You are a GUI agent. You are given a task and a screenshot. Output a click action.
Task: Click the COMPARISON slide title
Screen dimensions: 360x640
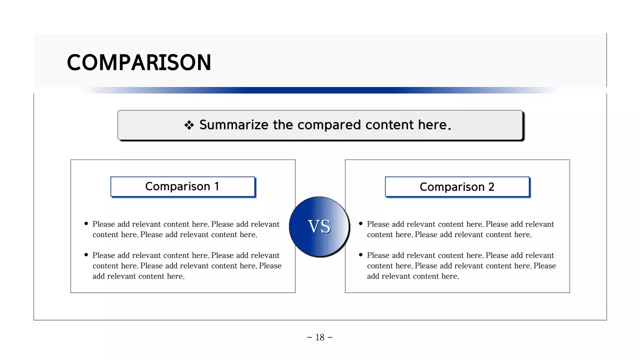tap(139, 63)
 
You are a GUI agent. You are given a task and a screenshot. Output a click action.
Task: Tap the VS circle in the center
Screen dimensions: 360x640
tap(319, 226)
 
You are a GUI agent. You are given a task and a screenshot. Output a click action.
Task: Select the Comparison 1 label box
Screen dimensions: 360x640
tap(182, 186)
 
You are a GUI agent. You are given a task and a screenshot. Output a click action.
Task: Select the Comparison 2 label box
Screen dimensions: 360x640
tap(457, 187)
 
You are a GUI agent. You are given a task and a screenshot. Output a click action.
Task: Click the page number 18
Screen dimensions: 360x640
tap(320, 337)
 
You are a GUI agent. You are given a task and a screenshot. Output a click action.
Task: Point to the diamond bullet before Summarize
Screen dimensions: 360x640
tap(189, 125)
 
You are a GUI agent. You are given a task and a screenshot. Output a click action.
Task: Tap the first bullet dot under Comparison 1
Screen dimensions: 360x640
tap(86, 224)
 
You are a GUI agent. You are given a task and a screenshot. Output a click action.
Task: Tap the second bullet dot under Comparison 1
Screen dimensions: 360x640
tap(86, 255)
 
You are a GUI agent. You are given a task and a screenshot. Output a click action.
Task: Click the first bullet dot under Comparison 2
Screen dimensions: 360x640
tap(361, 224)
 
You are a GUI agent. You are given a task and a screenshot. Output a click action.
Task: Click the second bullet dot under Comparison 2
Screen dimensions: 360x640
tap(361, 255)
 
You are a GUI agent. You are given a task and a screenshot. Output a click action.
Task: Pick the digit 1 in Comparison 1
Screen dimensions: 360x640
tap(216, 186)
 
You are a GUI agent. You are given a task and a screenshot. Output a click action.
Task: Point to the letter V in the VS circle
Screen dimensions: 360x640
tap(313, 227)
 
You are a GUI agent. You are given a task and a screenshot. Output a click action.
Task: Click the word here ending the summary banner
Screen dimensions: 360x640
tap(433, 125)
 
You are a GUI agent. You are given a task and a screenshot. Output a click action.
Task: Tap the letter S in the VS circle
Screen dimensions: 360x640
tap(325, 227)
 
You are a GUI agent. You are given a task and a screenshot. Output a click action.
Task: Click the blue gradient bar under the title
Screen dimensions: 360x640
tap(320, 90)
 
